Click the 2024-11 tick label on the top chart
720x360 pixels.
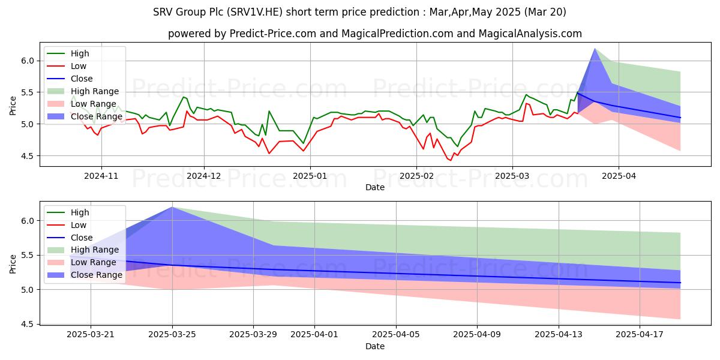[101, 176]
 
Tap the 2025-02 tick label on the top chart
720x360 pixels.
[416, 176]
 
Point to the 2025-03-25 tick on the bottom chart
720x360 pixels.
[172, 335]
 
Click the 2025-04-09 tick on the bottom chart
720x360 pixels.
[477, 335]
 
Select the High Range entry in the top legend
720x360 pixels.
[95, 91]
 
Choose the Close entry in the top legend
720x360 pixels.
[82, 79]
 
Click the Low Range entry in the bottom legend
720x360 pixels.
[94, 263]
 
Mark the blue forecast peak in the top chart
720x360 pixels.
[595, 49]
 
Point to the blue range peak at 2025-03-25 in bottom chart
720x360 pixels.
[172, 207]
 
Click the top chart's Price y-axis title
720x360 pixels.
[13, 106]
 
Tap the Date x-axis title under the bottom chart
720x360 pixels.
[375, 347]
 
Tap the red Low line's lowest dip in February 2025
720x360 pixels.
[450, 160]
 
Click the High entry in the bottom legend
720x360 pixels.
[80, 212]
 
